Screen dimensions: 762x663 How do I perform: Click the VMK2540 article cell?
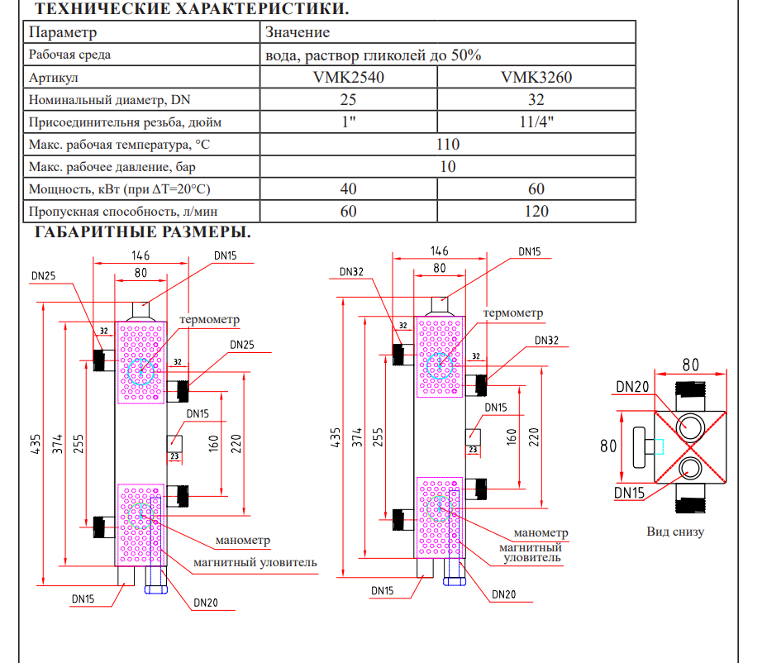pyautogui.click(x=349, y=77)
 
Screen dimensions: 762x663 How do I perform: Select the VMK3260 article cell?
pyautogui.click(x=536, y=77)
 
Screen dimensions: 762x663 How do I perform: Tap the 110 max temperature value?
pyautogui.click(x=448, y=145)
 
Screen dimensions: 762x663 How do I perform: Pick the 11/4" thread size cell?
pyautogui.click(x=536, y=122)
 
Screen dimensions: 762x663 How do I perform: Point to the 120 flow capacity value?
pyautogui.click(x=536, y=212)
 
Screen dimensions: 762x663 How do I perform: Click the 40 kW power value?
pyautogui.click(x=349, y=189)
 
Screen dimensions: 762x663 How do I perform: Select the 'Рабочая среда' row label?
pyautogui.click(x=69, y=55)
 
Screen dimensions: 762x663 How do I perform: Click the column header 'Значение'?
pyautogui.click(x=298, y=32)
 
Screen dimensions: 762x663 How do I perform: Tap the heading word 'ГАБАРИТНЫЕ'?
pyautogui.click(x=95, y=231)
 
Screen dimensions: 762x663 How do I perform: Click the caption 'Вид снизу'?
pyautogui.click(x=675, y=532)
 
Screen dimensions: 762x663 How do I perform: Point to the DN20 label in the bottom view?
pyautogui.click(x=632, y=387)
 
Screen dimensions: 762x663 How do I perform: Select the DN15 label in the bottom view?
pyautogui.click(x=629, y=493)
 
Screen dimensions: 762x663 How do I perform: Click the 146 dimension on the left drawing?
pyautogui.click(x=140, y=255)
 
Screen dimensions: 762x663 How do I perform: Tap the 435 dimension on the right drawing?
pyautogui.click(x=336, y=437)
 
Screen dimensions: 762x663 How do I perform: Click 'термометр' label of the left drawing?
pyautogui.click(x=209, y=320)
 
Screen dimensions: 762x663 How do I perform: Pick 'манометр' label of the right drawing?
pyautogui.click(x=541, y=532)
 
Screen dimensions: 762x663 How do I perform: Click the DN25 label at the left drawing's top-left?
pyautogui.click(x=43, y=276)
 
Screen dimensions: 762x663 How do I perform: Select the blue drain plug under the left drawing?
pyautogui.click(x=156, y=590)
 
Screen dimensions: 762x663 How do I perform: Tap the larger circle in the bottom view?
pyautogui.click(x=690, y=427)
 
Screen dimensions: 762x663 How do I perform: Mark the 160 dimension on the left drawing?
pyautogui.click(x=213, y=444)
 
